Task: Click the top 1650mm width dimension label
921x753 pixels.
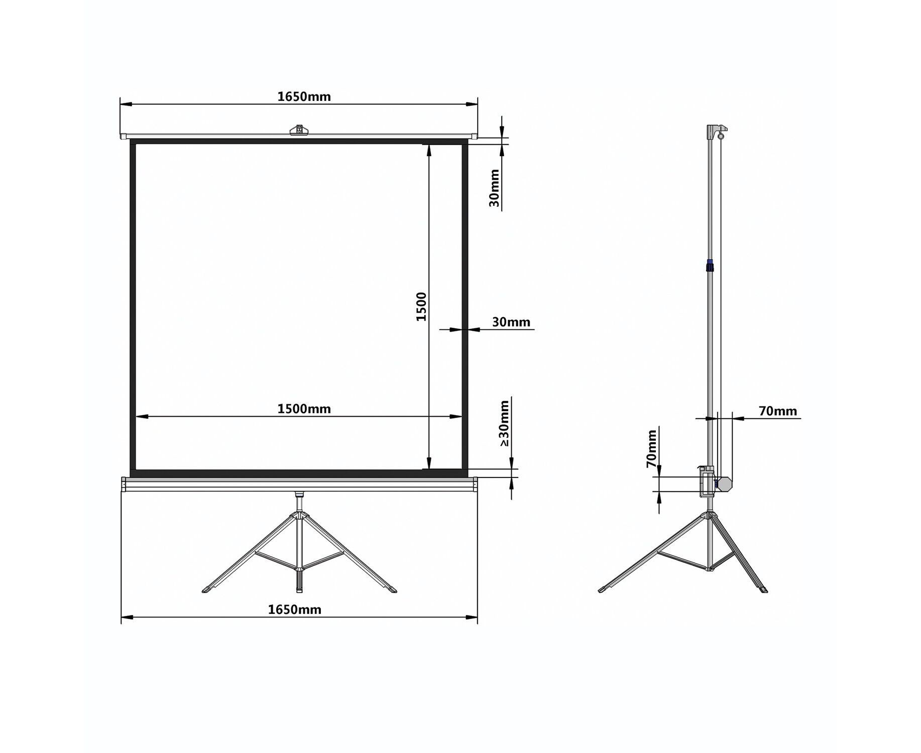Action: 304,96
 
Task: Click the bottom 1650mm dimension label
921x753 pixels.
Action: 294,609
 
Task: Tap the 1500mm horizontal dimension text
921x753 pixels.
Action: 304,409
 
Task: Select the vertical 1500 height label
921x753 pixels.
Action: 421,307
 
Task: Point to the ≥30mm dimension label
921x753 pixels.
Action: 504,423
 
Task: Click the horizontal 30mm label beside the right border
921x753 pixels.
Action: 511,322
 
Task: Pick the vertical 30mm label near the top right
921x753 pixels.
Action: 495,188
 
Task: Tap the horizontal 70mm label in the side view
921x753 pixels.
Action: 778,411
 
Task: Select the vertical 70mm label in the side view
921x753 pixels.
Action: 651,449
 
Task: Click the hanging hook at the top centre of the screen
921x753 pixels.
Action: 299,130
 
